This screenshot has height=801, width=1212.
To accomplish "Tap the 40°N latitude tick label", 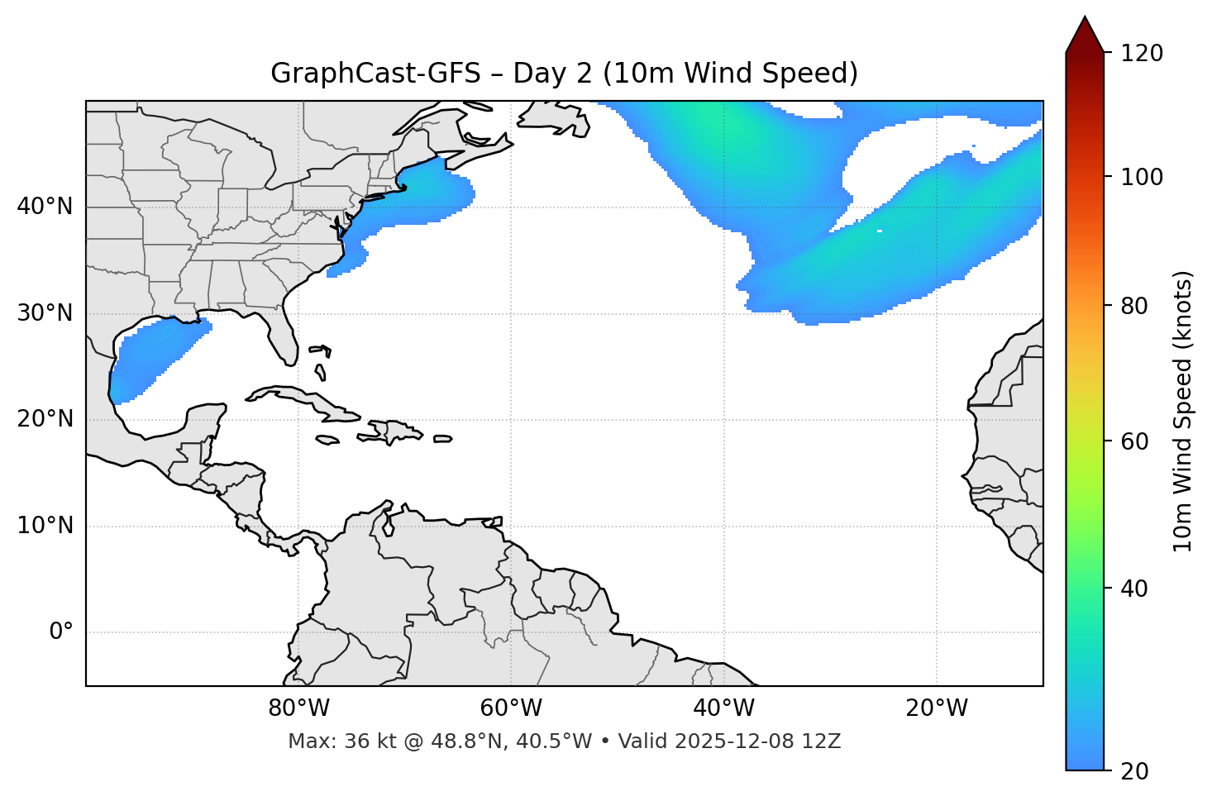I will (45, 207).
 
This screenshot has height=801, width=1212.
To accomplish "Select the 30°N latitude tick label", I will (45, 313).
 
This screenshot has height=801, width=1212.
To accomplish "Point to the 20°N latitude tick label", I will (45, 419).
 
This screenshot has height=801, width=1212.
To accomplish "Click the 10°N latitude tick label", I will (45, 526).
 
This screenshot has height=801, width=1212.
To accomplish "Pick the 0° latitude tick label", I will (61, 632).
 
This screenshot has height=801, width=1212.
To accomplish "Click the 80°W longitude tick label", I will (298, 708).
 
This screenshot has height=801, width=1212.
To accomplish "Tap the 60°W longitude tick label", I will (511, 708).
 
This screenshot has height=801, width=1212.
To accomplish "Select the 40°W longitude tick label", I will (723, 708).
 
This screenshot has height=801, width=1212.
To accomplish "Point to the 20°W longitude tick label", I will (937, 708).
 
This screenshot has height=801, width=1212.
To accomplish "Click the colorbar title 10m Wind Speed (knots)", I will (1183, 411).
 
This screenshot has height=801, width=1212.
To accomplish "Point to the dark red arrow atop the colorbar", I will (1085, 36).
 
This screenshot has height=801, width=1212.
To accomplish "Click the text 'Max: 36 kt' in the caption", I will (327, 741).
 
